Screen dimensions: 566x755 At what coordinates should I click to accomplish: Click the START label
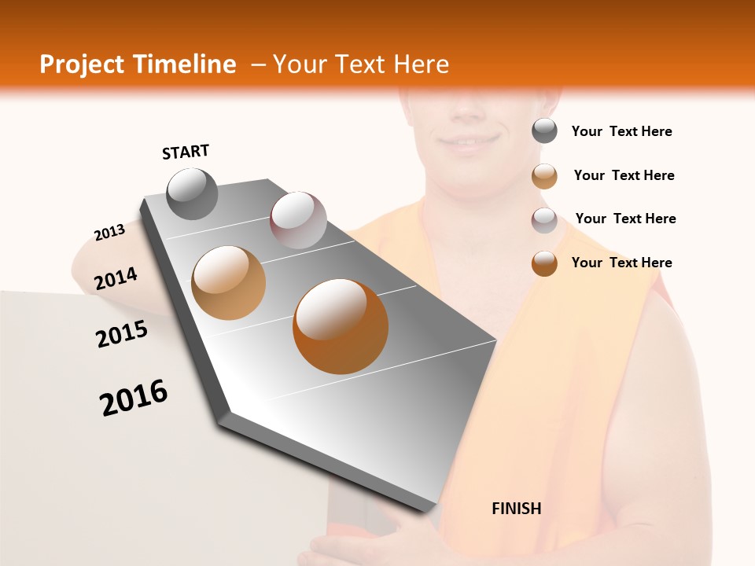[x=186, y=152]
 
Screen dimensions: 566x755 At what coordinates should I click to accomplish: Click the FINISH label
[x=516, y=509]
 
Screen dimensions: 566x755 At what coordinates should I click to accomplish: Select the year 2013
[x=109, y=233]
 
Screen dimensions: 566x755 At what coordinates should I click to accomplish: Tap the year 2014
[x=116, y=279]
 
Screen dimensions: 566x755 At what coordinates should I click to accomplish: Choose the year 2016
[x=134, y=398]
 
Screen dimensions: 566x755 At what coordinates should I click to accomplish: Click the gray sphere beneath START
[x=193, y=194]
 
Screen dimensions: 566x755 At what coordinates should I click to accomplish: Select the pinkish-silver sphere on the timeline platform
[x=298, y=220]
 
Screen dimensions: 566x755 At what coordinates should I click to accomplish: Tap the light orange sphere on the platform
[x=228, y=283]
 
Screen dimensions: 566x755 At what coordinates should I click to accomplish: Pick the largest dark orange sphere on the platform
[x=341, y=326]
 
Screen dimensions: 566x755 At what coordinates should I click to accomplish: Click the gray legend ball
[x=544, y=131]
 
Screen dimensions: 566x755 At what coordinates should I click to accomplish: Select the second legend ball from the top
[x=544, y=176]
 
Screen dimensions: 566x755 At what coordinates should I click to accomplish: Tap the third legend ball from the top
[x=544, y=220]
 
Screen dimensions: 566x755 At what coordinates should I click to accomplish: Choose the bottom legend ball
[x=544, y=263]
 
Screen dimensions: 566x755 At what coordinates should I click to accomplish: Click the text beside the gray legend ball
[x=621, y=132]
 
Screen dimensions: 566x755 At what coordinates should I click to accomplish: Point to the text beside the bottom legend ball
[x=621, y=263]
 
